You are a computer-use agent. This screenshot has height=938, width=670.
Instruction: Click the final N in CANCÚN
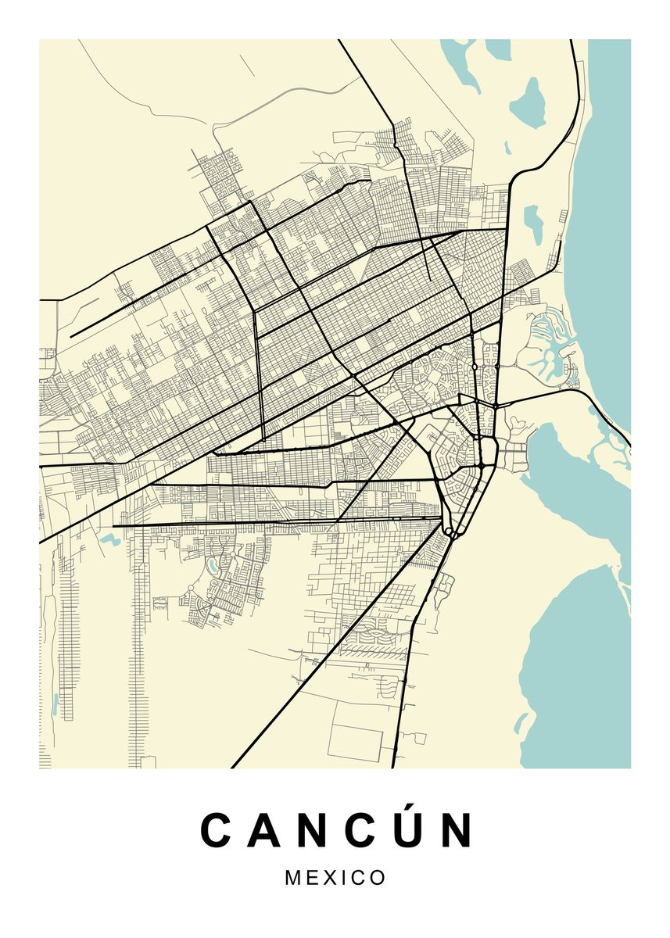[456, 830]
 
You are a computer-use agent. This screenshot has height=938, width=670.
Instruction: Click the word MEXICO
[335, 878]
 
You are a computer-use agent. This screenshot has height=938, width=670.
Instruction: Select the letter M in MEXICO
[294, 878]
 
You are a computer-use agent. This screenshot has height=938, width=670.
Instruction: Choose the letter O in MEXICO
[378, 878]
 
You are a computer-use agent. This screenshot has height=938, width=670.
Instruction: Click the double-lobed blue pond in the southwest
[109, 539]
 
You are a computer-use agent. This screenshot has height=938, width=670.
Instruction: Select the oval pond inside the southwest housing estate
[210, 564]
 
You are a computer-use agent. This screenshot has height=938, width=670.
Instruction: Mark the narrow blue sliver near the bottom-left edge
[56, 704]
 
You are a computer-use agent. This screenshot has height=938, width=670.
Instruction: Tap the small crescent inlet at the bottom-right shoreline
[521, 722]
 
